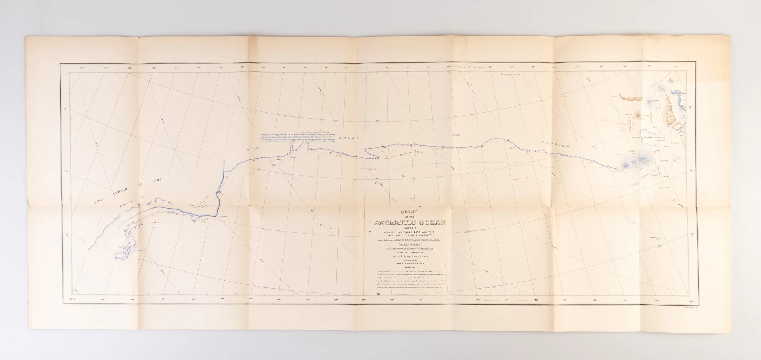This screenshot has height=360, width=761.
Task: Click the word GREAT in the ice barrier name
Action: [351, 138]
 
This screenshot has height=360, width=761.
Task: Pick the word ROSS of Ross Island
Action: [629, 151]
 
